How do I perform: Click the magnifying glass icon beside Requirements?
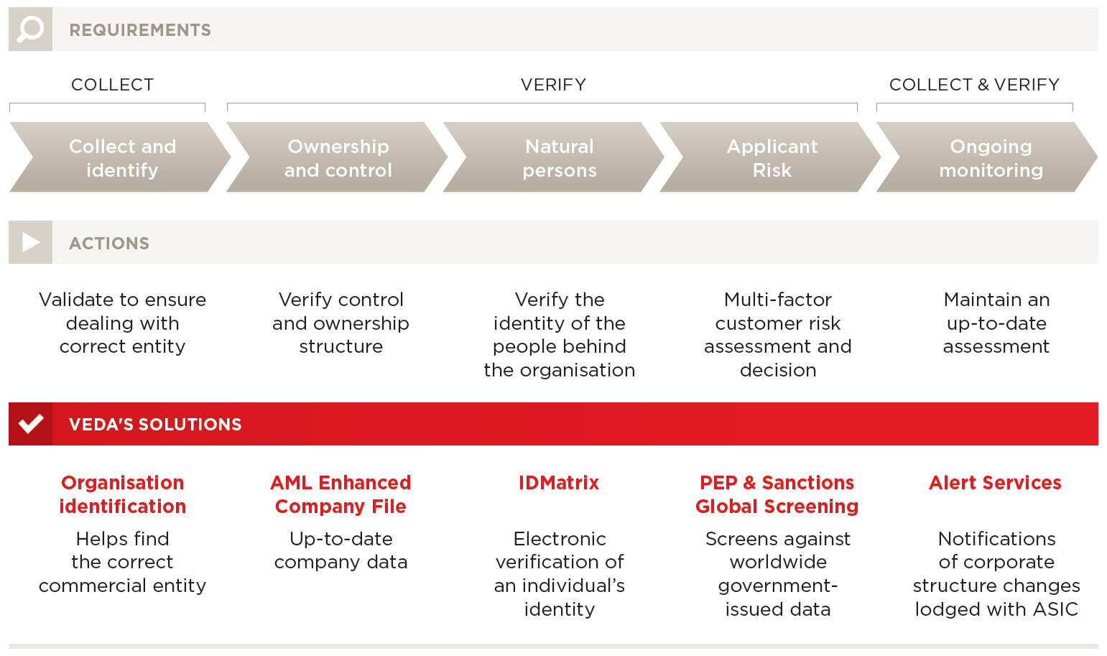31,29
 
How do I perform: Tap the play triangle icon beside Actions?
31,242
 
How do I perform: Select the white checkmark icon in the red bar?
31,424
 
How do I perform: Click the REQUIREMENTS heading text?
140,30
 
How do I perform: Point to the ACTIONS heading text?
108,244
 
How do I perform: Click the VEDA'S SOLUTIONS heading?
155,424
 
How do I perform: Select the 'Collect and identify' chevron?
120,157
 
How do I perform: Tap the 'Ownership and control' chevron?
337,157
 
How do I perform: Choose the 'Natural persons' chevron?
553,157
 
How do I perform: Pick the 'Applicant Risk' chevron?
771,157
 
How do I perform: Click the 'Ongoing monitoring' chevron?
987,157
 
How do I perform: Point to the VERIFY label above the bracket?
553,85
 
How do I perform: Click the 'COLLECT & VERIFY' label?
974,85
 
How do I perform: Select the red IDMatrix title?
559,483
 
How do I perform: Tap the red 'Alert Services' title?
996,483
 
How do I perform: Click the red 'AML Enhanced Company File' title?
341,494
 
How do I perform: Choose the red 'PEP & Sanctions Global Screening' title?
777,494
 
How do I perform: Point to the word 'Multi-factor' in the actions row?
778,300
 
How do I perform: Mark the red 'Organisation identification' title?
123,494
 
